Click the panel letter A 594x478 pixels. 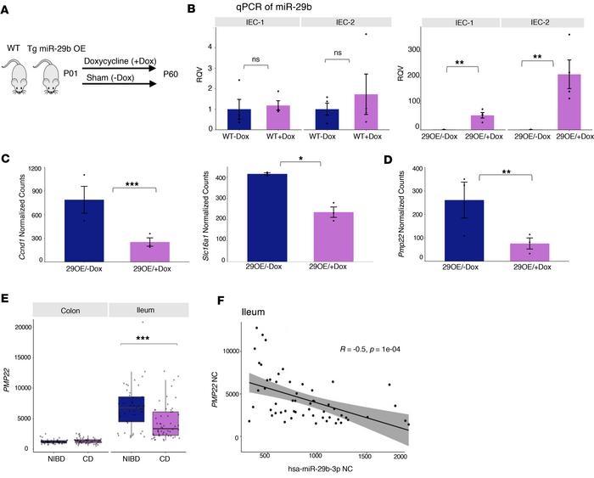coord(8,8)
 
